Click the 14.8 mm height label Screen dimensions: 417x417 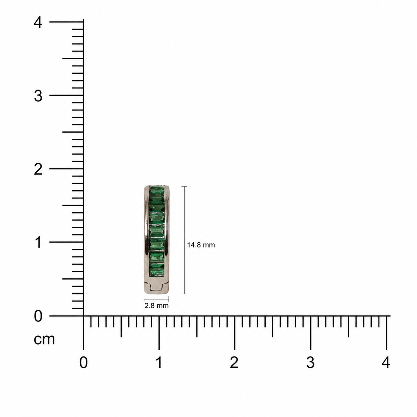tap(201, 245)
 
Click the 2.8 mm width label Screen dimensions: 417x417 tap(156, 306)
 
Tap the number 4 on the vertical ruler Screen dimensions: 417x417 tap(38, 23)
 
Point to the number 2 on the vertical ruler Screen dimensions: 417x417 tap(38, 170)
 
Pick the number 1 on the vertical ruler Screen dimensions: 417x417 tap(39, 242)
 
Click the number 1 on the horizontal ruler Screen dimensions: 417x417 tap(159, 362)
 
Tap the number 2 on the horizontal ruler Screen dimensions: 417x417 tap(234, 362)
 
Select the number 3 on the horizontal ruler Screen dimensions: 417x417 tap(310, 362)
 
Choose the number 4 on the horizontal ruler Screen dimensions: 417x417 tap(386, 362)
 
